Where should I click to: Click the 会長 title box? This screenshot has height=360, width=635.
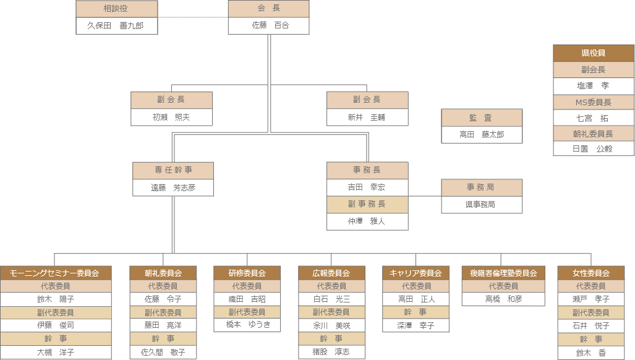268,9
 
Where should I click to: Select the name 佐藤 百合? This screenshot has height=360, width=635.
268,25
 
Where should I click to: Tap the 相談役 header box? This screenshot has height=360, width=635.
117,9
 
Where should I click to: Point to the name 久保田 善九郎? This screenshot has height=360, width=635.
117,25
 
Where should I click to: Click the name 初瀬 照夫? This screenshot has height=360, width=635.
171,117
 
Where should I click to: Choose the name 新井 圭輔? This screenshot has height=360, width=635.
367,117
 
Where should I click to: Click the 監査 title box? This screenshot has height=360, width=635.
481,118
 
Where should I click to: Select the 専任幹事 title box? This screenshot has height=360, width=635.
173,170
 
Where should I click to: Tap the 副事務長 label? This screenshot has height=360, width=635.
367,204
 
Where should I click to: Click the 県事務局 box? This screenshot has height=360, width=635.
481,204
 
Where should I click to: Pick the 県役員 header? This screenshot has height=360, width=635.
594,53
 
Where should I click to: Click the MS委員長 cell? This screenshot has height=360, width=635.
594,102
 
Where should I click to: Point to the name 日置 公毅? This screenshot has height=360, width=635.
594,148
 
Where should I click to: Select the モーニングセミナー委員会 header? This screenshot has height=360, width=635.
56,273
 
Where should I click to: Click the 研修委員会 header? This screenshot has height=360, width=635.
247,273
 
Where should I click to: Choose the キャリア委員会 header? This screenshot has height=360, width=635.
416,273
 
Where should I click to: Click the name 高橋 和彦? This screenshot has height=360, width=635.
503,299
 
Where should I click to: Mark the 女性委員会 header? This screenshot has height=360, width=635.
592,273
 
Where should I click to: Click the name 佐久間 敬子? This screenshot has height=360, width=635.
163,352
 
